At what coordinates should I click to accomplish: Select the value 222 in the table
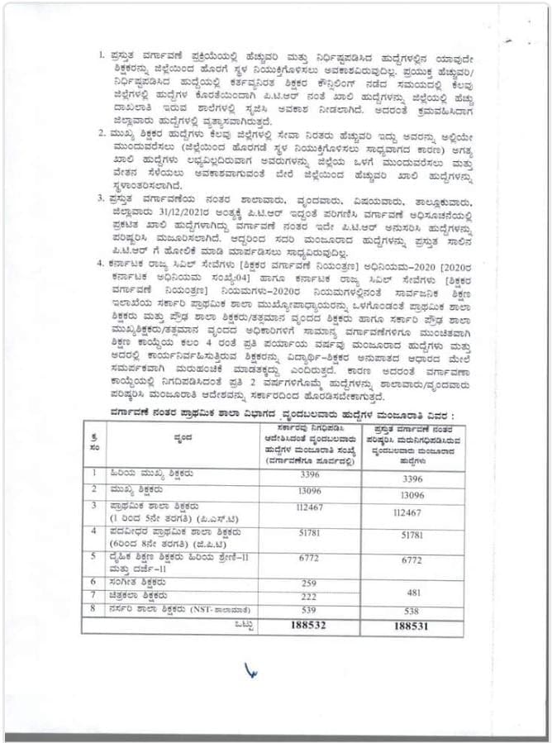(x=311, y=596)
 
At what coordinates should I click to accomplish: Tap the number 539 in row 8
(x=311, y=611)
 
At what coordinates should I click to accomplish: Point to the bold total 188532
(x=311, y=626)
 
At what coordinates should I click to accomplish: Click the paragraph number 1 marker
(x=102, y=55)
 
